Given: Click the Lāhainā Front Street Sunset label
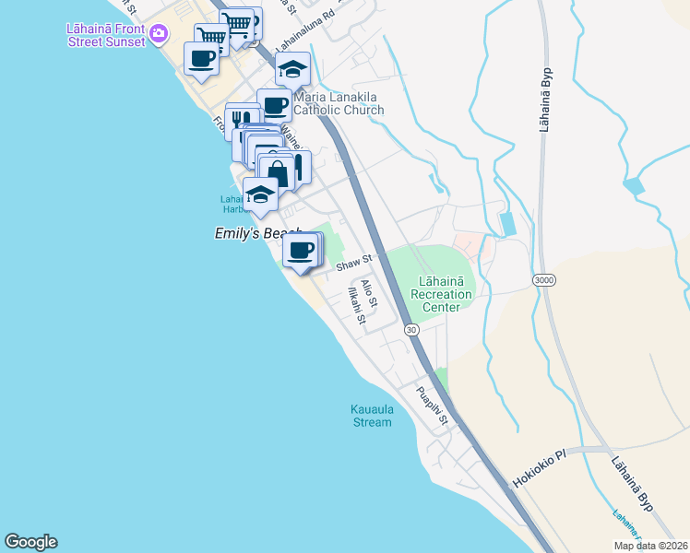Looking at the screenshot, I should click(x=105, y=35).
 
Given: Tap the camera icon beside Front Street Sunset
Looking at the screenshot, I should click(x=160, y=34).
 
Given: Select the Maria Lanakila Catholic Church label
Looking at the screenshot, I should click(x=339, y=103).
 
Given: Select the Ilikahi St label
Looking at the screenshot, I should click(x=357, y=307).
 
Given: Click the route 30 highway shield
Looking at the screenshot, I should click(x=411, y=329).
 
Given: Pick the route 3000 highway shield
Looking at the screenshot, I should click(x=543, y=278).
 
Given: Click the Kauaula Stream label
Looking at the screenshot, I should click(x=371, y=416).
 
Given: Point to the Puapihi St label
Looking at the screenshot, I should click(x=432, y=406).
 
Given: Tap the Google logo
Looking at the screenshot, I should click(x=30, y=542).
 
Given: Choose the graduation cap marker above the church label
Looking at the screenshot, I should click(x=292, y=69).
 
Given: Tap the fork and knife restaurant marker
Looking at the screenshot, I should click(x=241, y=119).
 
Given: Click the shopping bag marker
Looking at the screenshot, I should click(x=276, y=172).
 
